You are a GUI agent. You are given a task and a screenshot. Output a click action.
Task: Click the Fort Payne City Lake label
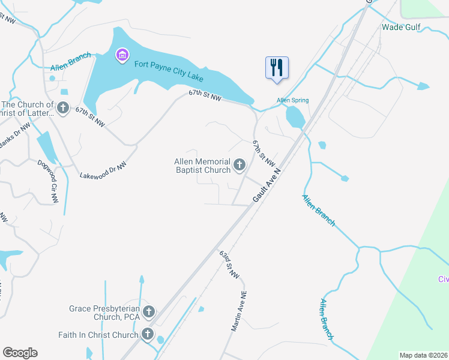point(169,71)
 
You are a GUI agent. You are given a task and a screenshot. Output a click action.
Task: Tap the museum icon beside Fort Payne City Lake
point(122,56)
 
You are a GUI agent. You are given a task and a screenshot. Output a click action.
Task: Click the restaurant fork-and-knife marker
point(277,67)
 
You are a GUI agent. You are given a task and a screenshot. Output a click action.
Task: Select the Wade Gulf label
point(401,27)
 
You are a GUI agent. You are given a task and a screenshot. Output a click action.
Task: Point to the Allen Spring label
point(292,100)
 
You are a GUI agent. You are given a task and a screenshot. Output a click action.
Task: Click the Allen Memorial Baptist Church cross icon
point(240,165)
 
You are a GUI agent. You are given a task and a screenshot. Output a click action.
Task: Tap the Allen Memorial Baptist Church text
point(202,166)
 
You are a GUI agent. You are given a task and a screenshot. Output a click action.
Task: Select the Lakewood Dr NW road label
point(103,171)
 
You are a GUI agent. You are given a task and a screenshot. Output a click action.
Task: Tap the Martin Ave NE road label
point(239,311)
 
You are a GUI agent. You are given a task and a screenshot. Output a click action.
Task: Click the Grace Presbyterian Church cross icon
point(148,312)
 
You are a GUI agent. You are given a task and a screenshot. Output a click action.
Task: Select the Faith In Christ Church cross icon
point(147,335)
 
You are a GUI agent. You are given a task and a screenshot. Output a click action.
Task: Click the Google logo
point(20,353)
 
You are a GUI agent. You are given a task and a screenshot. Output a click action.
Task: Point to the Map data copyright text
point(423,355)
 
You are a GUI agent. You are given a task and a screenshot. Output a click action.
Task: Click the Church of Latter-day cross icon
point(62,109)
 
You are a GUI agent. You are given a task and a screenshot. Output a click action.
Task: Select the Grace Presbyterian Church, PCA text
point(104,313)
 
